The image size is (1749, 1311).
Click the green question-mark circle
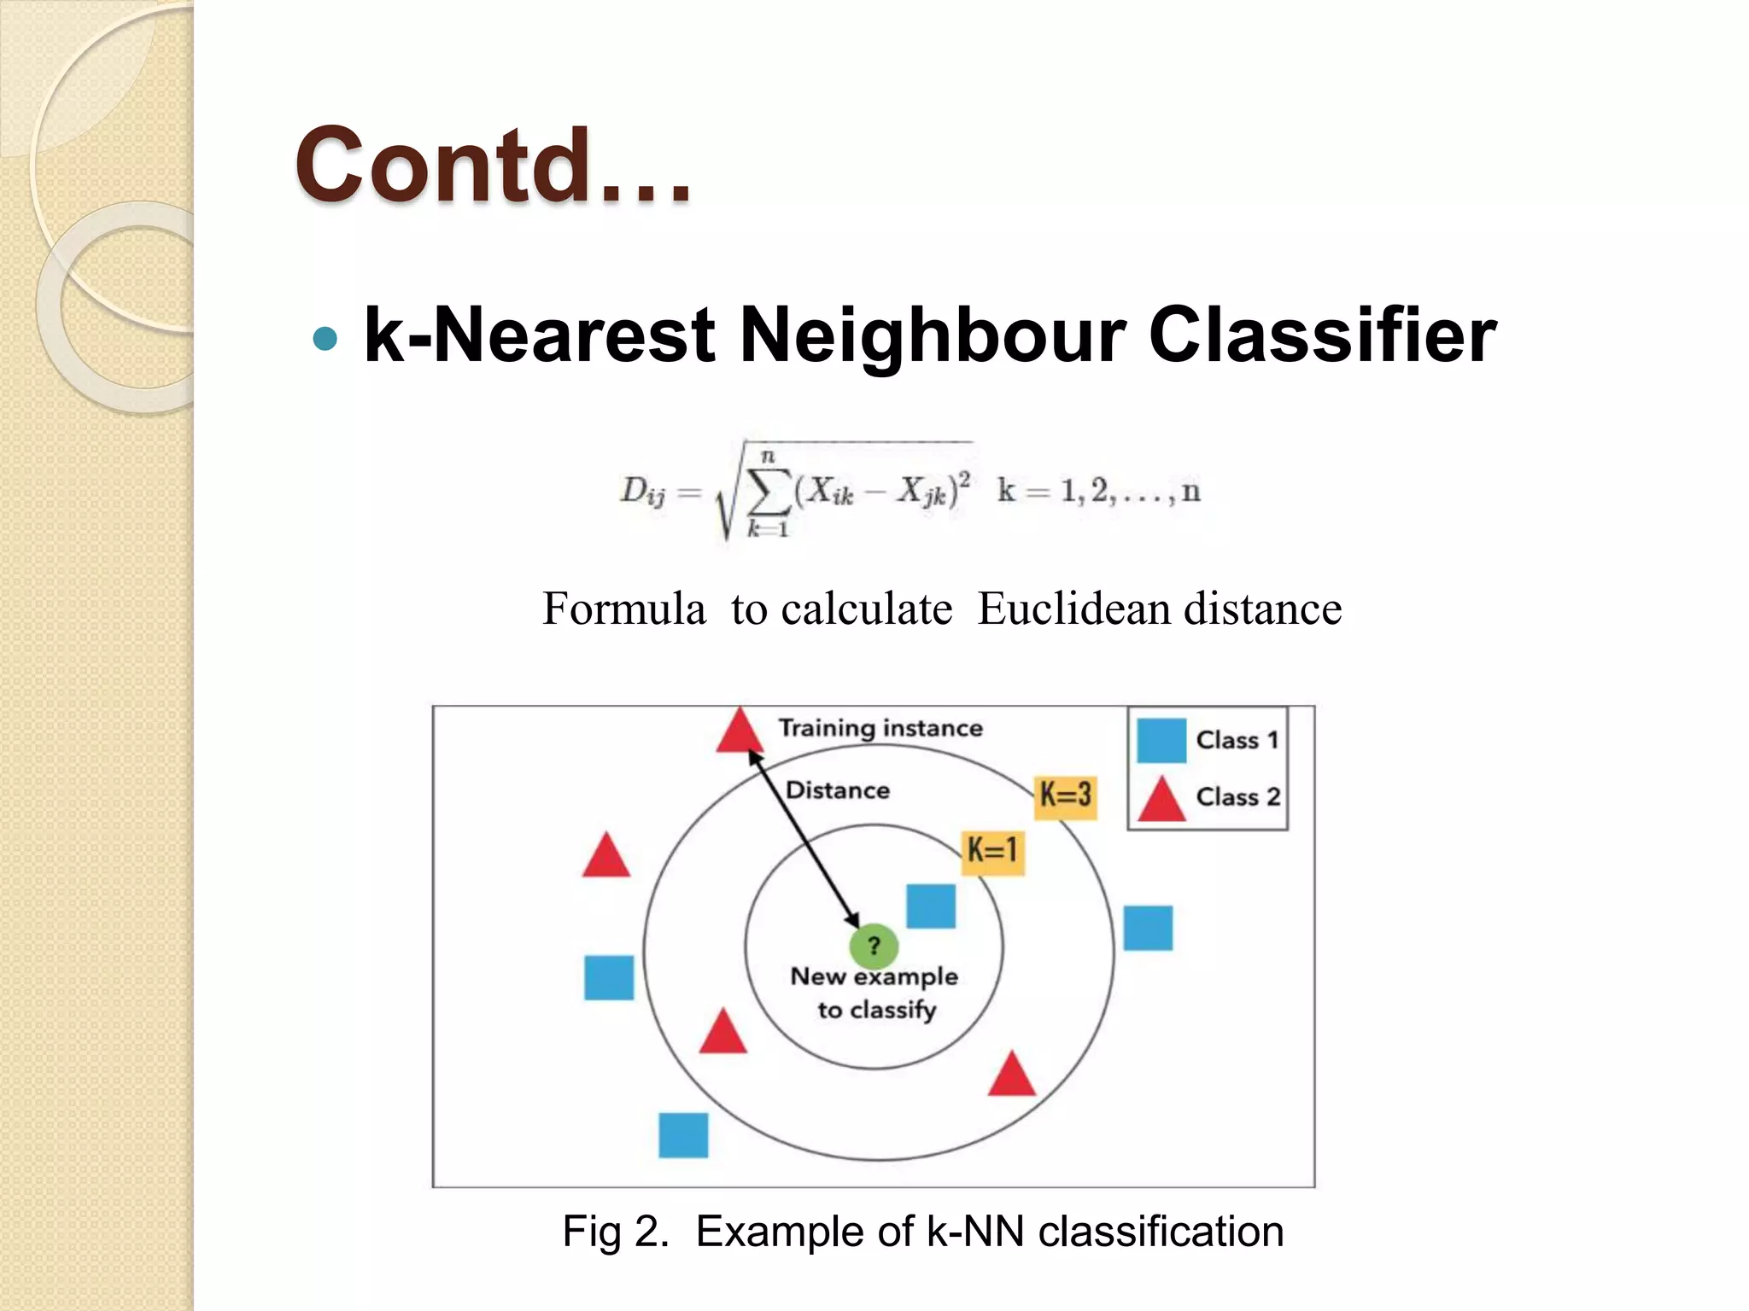pos(874,946)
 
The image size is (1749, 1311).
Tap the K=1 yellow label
pos(992,851)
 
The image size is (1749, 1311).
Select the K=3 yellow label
pos(1065,795)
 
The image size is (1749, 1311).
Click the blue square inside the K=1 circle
pos(930,906)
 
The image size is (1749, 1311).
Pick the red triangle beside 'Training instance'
pos(739,732)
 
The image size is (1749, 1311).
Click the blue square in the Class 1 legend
pos(1161,740)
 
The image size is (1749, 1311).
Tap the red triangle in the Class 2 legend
pos(1161,801)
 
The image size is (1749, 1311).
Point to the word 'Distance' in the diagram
pos(837,790)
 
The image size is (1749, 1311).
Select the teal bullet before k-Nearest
pos(325,339)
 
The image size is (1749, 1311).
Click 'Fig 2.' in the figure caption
pos(615,1232)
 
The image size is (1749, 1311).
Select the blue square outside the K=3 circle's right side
pos(1148,929)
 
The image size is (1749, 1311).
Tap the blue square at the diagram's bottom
pos(683,1135)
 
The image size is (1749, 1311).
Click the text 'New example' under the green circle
pos(874,976)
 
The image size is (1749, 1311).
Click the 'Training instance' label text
pos(880,728)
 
